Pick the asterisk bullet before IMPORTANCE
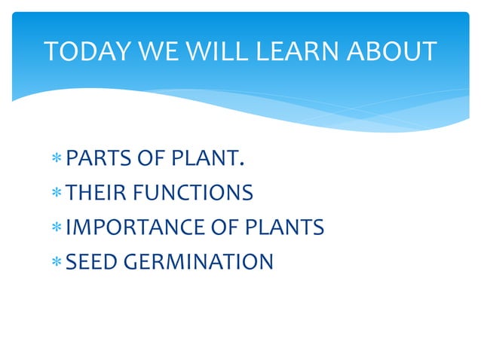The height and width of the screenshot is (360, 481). coord(57,229)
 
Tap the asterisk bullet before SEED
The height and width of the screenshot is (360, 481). coord(57,264)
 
